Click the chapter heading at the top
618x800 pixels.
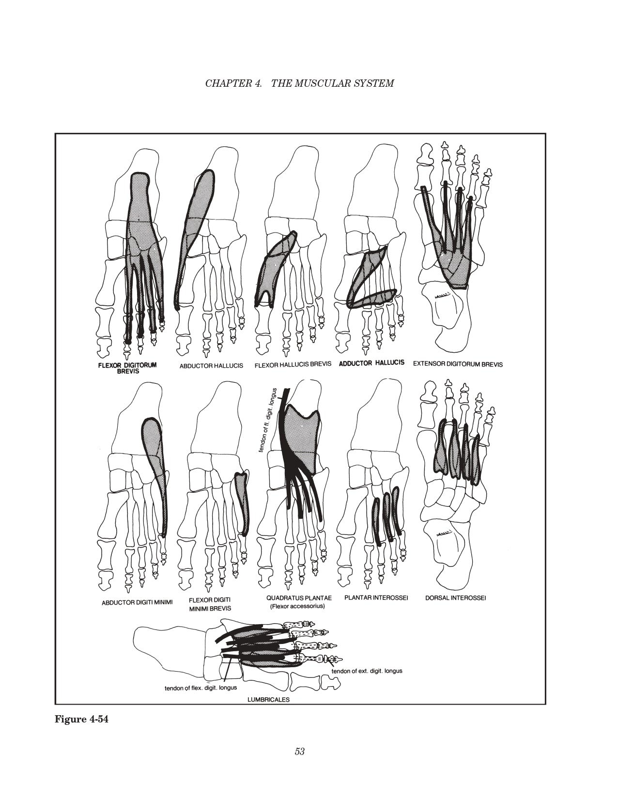(x=299, y=83)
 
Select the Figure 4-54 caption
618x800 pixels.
(x=82, y=719)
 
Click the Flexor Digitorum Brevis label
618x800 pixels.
(x=127, y=368)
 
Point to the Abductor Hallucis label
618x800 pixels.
(x=211, y=366)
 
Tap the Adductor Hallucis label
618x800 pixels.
(x=371, y=363)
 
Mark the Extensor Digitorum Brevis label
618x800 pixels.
(x=458, y=364)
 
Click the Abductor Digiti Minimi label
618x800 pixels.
(x=137, y=603)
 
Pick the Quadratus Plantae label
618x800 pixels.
(x=299, y=598)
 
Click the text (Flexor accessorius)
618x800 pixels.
(x=297, y=606)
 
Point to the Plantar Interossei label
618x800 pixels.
(x=376, y=597)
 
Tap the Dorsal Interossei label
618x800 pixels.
(x=456, y=598)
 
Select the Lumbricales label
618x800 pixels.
(x=268, y=700)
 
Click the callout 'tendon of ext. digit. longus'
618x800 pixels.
(x=367, y=671)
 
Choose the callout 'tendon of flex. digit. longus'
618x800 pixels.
(x=201, y=688)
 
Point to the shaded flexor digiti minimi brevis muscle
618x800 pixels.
(x=242, y=502)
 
